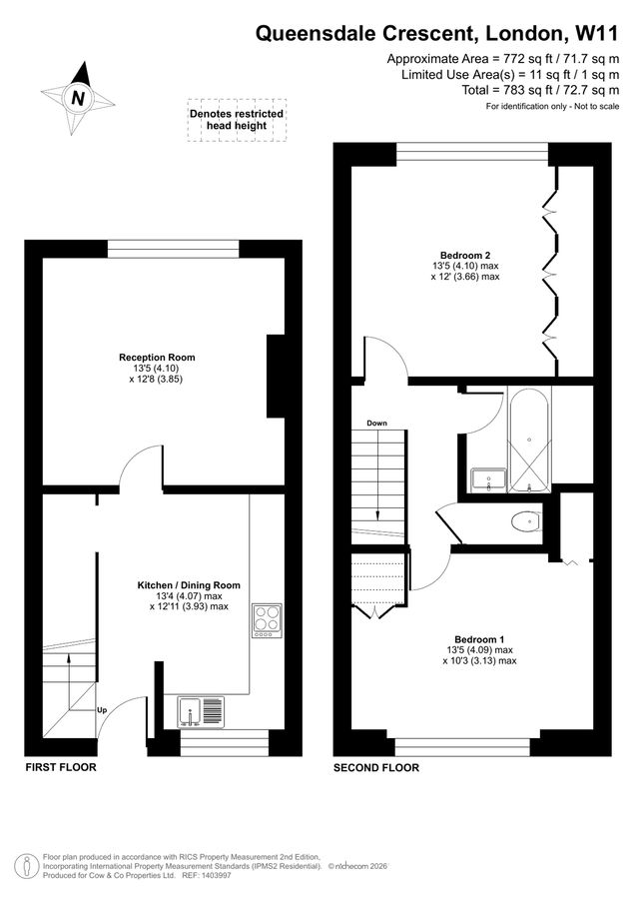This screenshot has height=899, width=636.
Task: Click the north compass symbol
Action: click(x=78, y=98)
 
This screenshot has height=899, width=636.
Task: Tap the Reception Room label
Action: click(x=157, y=357)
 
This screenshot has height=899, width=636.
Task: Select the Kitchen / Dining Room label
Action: click(x=189, y=585)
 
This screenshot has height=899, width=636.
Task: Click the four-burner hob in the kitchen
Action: click(x=267, y=619)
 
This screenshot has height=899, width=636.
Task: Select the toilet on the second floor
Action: click(x=522, y=521)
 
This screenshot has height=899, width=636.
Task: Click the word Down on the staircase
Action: click(x=377, y=423)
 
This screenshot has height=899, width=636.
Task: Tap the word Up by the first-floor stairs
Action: click(x=102, y=710)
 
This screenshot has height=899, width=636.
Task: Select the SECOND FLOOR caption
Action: click(x=376, y=767)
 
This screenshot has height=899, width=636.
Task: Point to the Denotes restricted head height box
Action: click(x=237, y=120)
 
